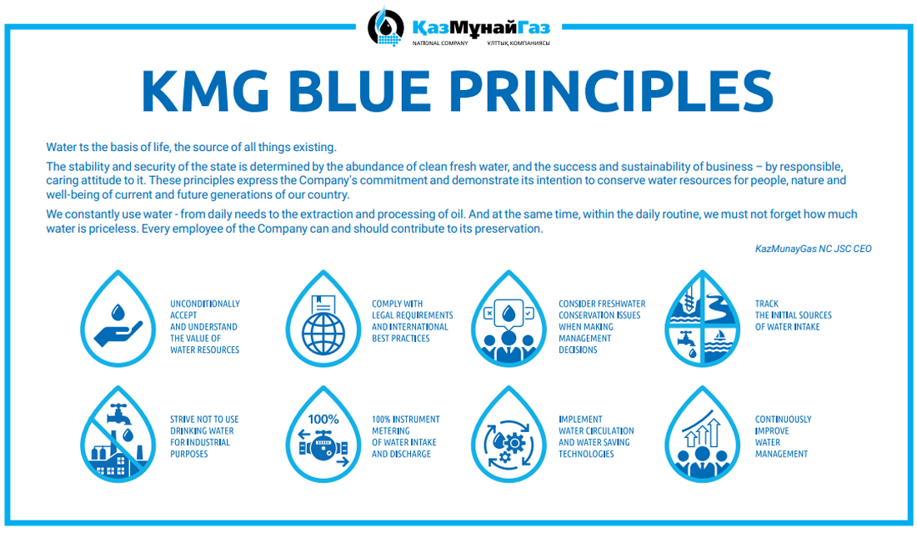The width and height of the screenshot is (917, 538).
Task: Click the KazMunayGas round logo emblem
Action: pyautogui.click(x=385, y=27)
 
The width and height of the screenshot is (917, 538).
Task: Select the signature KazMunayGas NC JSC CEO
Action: pyautogui.click(x=813, y=249)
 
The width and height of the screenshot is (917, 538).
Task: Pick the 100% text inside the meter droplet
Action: pyautogui.click(x=323, y=420)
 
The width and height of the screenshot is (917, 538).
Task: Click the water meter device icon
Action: pyautogui.click(x=323, y=449)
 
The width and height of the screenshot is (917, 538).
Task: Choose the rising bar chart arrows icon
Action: pyautogui.click(x=702, y=430)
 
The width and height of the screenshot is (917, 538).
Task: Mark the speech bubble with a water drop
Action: pyautogui.click(x=509, y=314)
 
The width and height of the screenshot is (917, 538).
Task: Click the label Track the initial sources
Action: pyautogui.click(x=793, y=315)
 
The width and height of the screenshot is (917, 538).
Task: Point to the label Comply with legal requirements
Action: pyautogui.click(x=413, y=321)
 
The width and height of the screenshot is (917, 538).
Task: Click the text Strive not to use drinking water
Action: pyautogui.click(x=204, y=437)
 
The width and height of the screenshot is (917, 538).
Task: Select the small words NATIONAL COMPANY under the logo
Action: pyautogui.click(x=440, y=43)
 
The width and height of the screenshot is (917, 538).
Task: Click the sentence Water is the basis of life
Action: pyautogui.click(x=191, y=147)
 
